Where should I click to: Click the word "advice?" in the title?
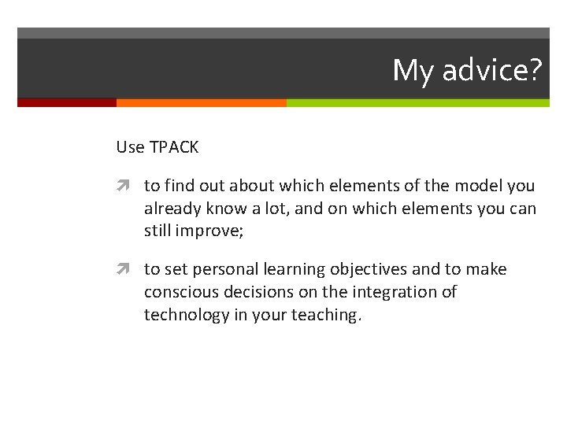(x=492, y=71)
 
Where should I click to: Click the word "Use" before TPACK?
(x=130, y=147)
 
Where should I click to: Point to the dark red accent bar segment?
(x=66, y=102)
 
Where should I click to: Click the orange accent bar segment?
(x=201, y=102)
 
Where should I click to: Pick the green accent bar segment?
(x=417, y=102)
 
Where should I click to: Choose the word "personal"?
(x=229, y=269)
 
